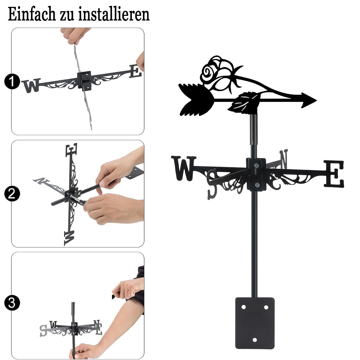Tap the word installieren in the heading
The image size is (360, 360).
114,14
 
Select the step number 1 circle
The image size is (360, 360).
12,81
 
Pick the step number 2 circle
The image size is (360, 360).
12,194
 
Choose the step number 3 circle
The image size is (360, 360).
12,303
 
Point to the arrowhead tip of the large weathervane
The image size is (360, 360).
317,100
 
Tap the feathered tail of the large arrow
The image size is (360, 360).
196,99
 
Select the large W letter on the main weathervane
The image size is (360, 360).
183,168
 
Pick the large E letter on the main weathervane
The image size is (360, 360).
334,174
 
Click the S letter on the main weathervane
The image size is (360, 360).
212,184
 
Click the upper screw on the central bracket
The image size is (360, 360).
256,165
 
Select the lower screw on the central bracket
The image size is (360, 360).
257,185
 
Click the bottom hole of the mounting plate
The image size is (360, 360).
255,340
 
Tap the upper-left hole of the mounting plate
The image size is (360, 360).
243,307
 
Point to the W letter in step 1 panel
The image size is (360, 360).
31,86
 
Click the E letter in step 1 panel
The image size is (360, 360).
135,71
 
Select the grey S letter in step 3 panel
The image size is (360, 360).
43,330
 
